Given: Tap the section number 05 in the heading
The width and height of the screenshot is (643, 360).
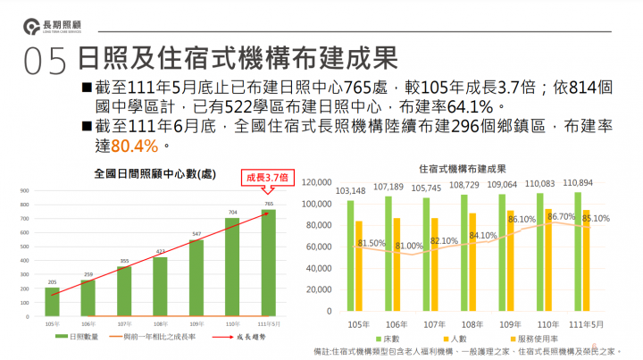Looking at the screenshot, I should tap(46, 61).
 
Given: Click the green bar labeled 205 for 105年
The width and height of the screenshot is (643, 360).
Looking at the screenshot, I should tap(52, 300).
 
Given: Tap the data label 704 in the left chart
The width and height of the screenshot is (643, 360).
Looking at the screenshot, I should tap(231, 213).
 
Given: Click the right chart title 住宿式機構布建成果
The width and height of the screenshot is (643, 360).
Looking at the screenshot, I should tap(463, 168).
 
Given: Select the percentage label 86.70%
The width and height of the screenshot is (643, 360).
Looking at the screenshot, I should tap(562, 216).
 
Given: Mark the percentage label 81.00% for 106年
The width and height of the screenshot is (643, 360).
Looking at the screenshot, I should tap(410, 246).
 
